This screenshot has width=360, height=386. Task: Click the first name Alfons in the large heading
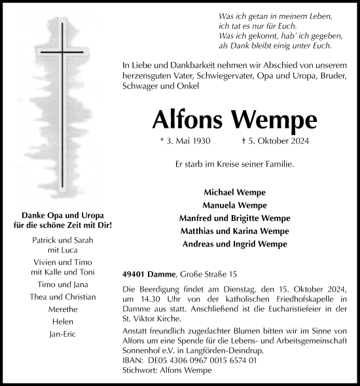(x=186, y=119)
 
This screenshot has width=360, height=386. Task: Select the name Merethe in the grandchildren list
(x=63, y=309)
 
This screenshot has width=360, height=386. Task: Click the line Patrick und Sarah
(x=63, y=241)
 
